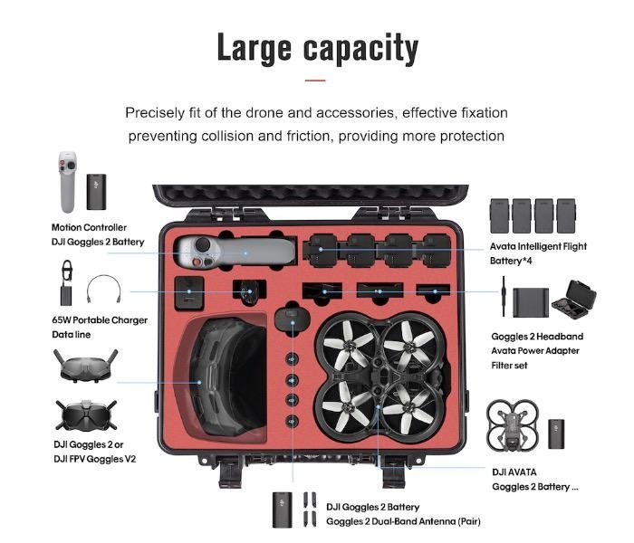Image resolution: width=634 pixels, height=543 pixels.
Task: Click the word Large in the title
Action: click(x=254, y=48)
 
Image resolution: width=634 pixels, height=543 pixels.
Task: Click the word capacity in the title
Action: click(x=360, y=49)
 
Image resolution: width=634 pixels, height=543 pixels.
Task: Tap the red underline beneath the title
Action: click(x=315, y=81)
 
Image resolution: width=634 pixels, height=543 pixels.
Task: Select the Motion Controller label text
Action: click(x=89, y=227)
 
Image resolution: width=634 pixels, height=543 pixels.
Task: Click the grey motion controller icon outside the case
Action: click(x=68, y=182)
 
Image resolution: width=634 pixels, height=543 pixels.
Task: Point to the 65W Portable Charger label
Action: click(x=100, y=320)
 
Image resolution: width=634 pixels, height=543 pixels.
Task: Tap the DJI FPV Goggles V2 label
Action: click(x=94, y=459)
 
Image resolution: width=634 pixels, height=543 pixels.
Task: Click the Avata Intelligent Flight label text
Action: click(x=538, y=246)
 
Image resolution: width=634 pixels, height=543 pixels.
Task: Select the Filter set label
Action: click(x=509, y=366)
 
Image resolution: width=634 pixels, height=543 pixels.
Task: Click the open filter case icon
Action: click(x=573, y=300)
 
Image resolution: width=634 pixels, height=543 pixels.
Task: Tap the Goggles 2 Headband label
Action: click(x=537, y=337)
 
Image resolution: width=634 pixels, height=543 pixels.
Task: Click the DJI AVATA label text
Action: click(x=514, y=472)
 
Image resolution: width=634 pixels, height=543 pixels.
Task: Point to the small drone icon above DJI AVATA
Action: click(x=513, y=426)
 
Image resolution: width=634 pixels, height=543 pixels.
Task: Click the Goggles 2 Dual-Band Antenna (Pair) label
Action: click(x=403, y=521)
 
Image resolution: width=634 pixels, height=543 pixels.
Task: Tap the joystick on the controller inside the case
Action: click(x=202, y=245)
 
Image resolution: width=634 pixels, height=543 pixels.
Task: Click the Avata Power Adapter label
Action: click(x=535, y=351)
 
